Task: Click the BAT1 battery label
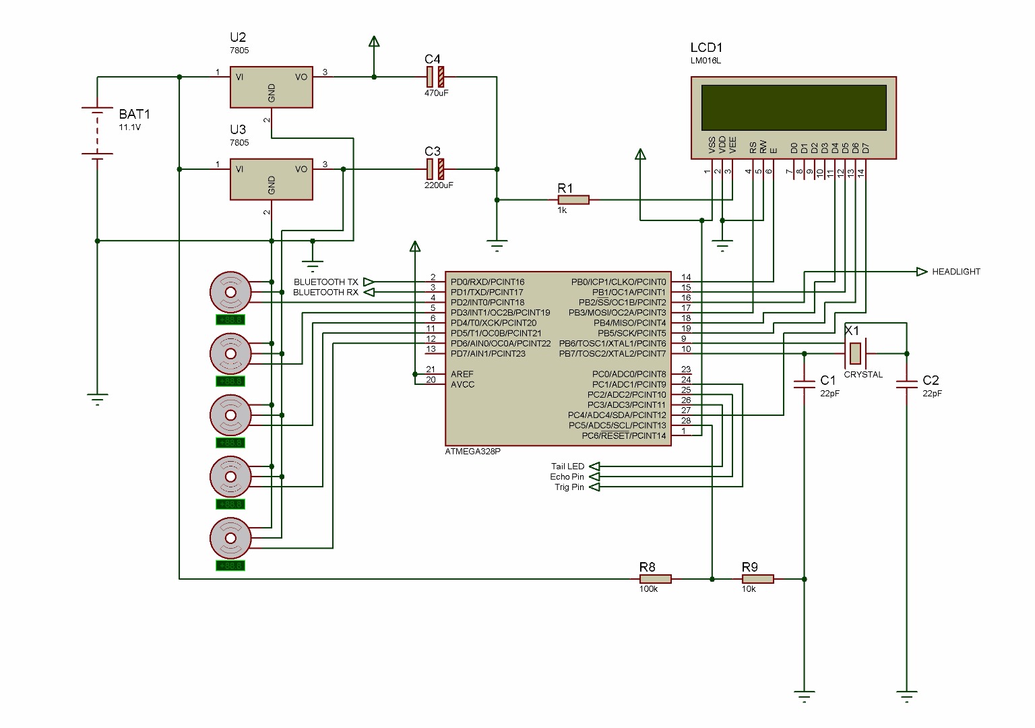click(x=135, y=113)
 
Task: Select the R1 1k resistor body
click(x=573, y=200)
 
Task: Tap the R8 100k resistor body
click(x=655, y=578)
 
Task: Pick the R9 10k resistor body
click(x=757, y=578)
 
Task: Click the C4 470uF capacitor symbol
click(x=435, y=77)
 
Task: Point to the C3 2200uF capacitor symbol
click(x=435, y=169)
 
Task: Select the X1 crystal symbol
click(x=855, y=353)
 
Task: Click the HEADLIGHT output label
click(x=955, y=272)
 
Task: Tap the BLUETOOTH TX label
click(x=325, y=282)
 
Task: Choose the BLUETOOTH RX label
click(x=325, y=293)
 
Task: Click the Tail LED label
click(x=567, y=466)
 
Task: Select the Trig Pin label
click(x=569, y=487)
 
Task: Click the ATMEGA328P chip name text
click(x=473, y=452)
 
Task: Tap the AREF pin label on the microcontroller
click(x=462, y=374)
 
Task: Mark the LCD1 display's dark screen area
click(x=793, y=107)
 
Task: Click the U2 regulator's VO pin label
click(x=301, y=77)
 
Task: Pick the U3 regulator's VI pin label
click(x=239, y=169)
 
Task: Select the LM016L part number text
click(x=705, y=61)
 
